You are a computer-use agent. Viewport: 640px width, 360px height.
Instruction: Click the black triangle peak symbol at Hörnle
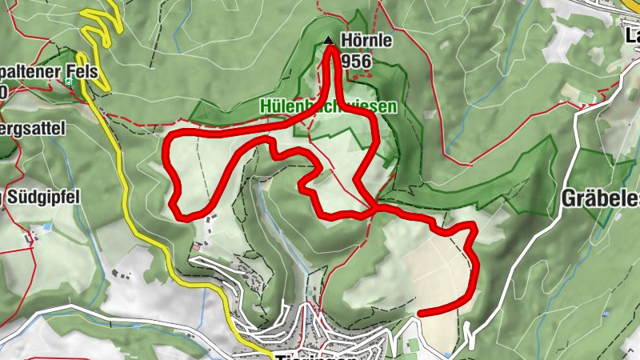[x=327, y=40]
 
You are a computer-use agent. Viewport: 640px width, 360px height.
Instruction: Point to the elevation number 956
[x=356, y=60]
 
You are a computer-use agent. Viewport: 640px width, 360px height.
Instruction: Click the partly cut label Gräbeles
[x=600, y=198]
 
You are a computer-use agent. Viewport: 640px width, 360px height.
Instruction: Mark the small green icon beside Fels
[x=70, y=81]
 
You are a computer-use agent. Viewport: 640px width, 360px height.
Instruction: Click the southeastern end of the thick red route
[x=421, y=312]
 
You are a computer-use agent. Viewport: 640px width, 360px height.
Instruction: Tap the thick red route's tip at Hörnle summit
[x=330, y=50]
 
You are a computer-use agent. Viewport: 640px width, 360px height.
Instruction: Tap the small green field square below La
[x=588, y=98]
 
